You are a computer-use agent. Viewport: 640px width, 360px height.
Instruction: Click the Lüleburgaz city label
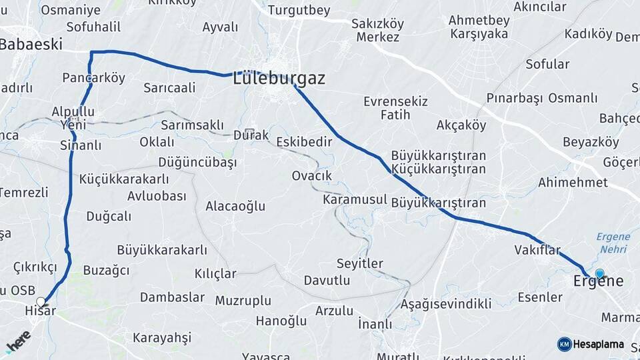point(279,79)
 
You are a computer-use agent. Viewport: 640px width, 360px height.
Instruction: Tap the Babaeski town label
point(31,45)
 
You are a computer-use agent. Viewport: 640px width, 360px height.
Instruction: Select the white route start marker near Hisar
point(41,302)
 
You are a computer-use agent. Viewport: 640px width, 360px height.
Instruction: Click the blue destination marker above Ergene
point(599,273)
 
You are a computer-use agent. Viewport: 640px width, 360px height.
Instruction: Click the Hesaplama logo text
point(599,345)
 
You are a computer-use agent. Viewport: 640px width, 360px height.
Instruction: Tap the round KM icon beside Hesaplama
point(564,345)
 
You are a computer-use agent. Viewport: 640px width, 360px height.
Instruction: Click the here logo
point(18,341)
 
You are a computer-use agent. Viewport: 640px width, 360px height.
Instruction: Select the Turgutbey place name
point(299,11)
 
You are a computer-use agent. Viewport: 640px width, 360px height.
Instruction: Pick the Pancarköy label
point(93,78)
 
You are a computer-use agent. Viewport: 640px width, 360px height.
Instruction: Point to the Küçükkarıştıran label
point(439,169)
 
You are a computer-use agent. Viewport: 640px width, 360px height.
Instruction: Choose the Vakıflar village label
point(537,249)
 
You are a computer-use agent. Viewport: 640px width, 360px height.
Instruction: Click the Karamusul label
point(355,200)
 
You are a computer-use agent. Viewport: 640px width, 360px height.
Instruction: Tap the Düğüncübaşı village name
point(197,162)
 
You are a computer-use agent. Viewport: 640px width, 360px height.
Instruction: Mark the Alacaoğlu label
point(235,206)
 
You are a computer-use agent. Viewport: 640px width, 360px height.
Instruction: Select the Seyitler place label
point(359,263)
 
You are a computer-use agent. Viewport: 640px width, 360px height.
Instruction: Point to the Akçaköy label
point(461,125)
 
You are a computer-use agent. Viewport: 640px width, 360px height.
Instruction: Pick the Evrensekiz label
point(395,101)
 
